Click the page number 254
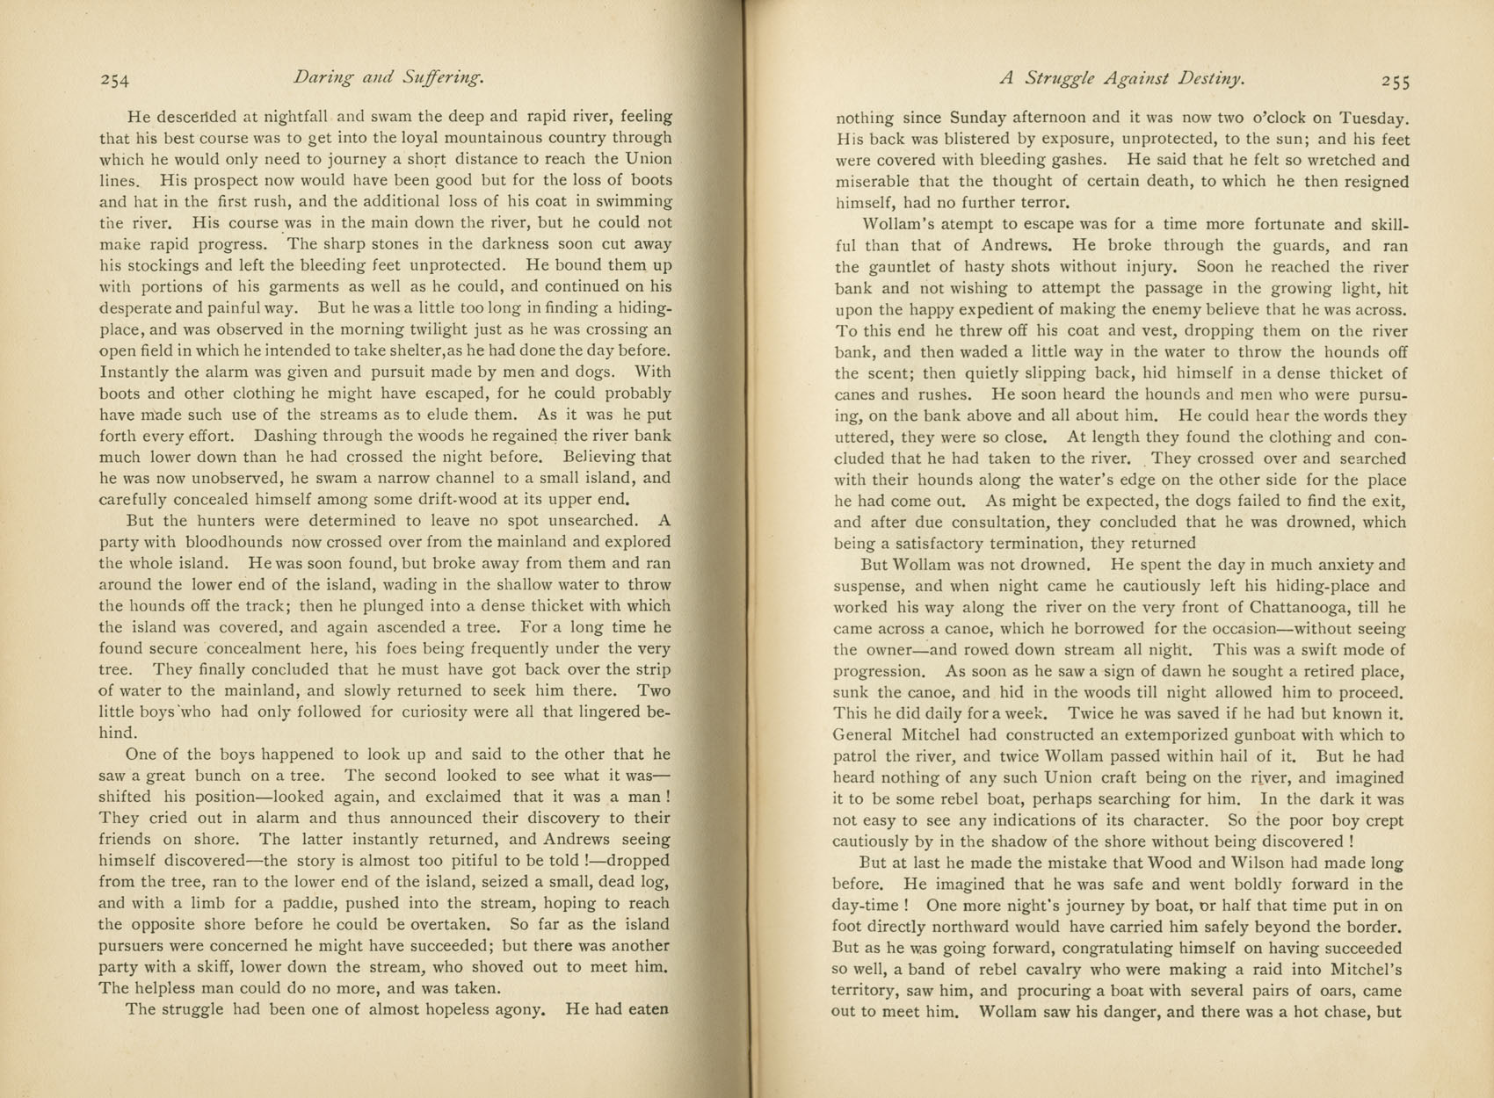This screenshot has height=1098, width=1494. tap(115, 80)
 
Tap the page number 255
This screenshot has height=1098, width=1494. tap(1396, 81)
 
